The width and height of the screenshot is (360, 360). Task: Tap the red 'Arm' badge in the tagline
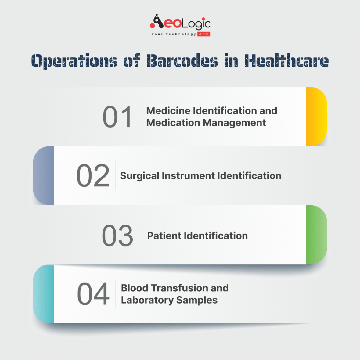[x=204, y=34]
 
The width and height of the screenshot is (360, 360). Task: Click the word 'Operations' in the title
[x=74, y=61]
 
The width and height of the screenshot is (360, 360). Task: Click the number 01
[x=117, y=117]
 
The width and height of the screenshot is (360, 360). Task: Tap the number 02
[x=93, y=176]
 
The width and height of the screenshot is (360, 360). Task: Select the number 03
[x=117, y=236]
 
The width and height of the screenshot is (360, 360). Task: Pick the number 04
[x=93, y=294]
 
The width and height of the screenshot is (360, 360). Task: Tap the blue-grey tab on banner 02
[x=44, y=176]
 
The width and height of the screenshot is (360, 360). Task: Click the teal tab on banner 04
[x=44, y=294]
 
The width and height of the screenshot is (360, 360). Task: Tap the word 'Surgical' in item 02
[x=139, y=176]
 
